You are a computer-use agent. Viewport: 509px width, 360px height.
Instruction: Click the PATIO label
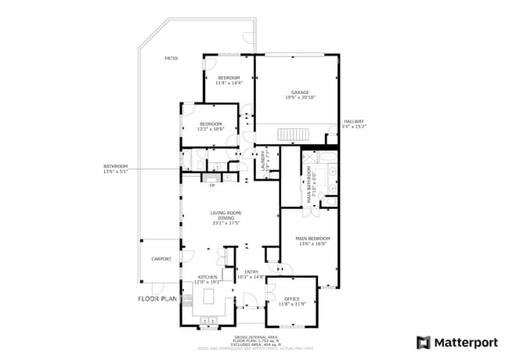point(171,59)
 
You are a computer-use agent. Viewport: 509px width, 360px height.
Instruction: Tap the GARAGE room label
point(297,92)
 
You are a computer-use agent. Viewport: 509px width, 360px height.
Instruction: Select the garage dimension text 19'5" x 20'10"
point(297,97)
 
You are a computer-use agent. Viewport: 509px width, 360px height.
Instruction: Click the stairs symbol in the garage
point(294,135)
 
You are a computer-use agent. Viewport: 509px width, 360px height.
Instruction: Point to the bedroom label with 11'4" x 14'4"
point(229,77)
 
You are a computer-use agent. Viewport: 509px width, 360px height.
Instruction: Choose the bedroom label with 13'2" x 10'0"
point(210,124)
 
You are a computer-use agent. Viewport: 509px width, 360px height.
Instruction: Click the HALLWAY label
point(354,121)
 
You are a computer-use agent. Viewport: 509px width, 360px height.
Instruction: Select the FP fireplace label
point(211,185)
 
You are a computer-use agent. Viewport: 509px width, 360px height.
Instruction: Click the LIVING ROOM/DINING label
point(226,214)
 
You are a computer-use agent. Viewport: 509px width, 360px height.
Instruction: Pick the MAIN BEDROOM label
point(312,238)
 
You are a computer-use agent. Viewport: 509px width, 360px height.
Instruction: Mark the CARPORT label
point(161,259)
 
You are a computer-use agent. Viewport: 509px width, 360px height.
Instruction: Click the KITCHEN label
point(208,277)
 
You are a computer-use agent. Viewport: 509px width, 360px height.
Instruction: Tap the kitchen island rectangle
point(209,297)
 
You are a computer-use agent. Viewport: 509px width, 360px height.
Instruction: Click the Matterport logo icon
point(423,342)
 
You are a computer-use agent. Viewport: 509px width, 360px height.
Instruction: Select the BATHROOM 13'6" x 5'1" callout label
point(115,168)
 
